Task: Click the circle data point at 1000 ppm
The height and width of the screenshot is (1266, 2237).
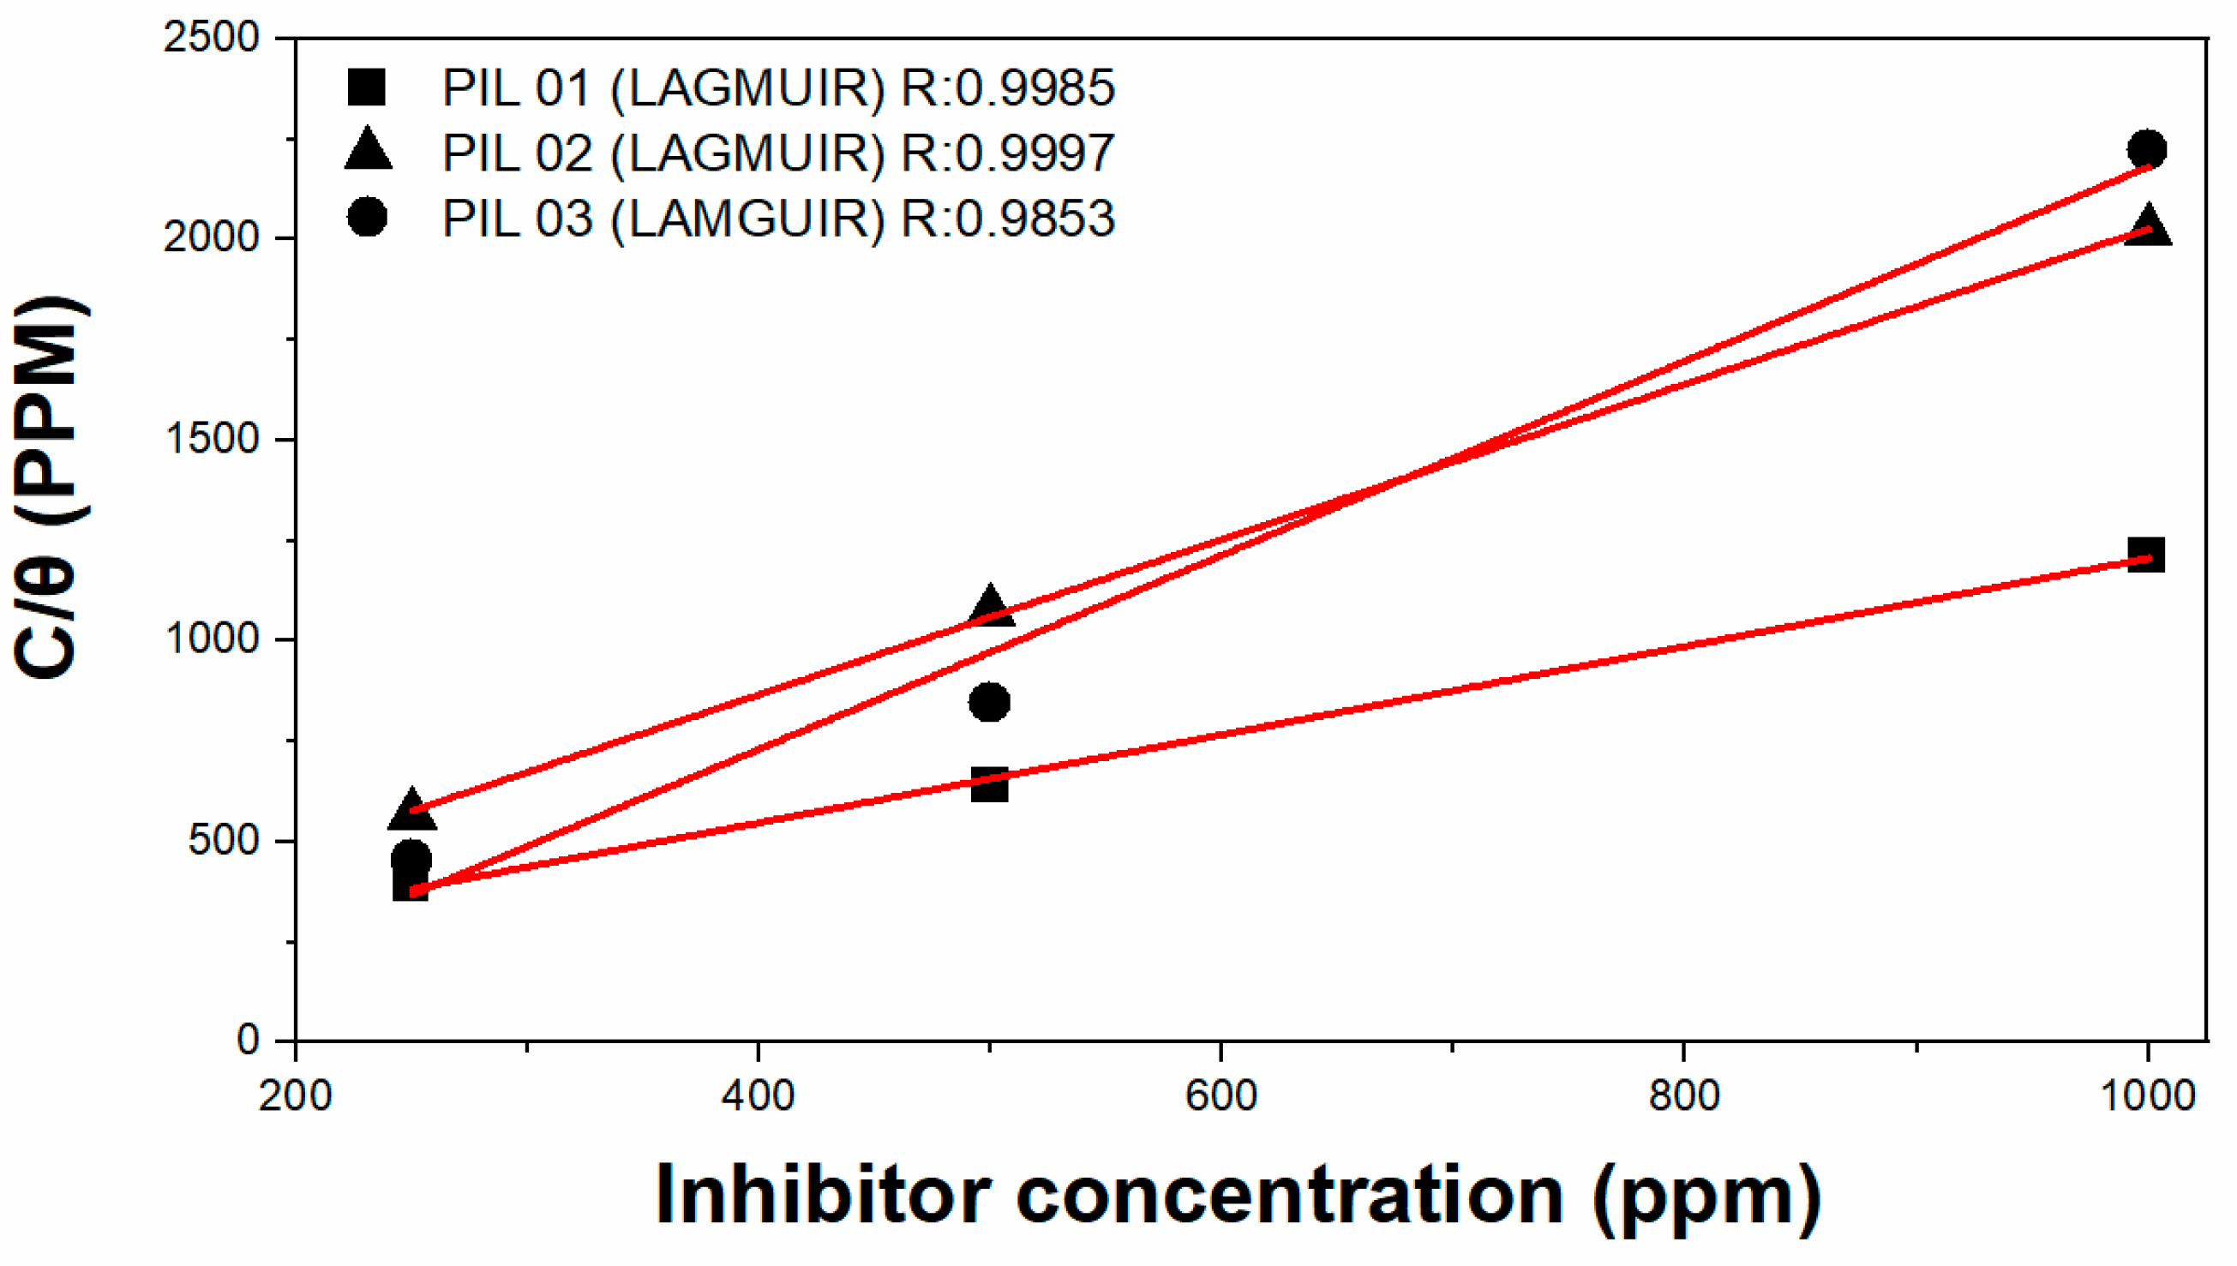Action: [2147, 149]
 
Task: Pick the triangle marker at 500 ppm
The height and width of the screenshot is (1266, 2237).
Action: [989, 605]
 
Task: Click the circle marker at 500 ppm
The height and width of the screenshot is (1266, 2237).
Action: [989, 702]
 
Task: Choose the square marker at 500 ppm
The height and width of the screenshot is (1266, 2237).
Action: [989, 784]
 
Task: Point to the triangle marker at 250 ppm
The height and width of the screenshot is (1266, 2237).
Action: [411, 809]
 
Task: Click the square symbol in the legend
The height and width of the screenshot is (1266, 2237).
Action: [366, 87]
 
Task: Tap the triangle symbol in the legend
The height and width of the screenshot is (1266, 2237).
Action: [368, 148]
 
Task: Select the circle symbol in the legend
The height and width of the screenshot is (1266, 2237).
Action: [367, 216]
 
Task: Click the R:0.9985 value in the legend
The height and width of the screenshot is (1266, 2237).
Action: [1007, 87]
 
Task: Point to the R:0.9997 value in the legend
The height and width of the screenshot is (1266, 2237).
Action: [1007, 153]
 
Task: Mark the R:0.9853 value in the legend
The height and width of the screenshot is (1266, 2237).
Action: [1007, 218]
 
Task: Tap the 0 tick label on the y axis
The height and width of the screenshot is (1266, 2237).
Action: [249, 1040]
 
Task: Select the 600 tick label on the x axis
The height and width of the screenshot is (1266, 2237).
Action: [1220, 1095]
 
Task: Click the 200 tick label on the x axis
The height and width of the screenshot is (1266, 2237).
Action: [296, 1095]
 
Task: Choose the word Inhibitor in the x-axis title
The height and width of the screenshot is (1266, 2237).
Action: [823, 1196]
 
